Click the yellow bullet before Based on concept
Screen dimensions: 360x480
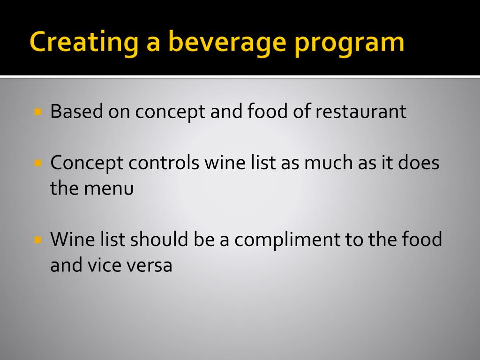tap(38, 112)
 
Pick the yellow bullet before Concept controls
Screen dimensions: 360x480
tap(38, 163)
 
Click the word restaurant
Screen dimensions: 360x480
tap(360, 112)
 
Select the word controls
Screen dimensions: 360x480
tap(165, 163)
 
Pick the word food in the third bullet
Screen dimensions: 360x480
tap(422, 240)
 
